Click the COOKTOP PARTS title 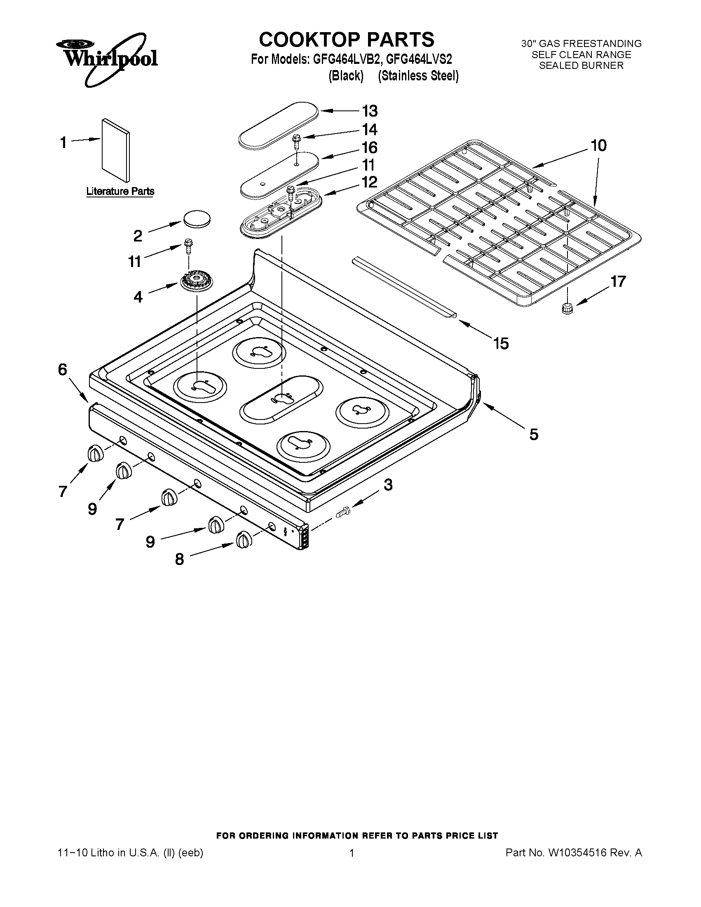pos(346,40)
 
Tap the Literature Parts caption pos(120,192)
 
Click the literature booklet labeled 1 pos(115,150)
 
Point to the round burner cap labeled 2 pos(196,218)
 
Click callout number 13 pos(370,111)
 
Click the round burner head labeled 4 pos(195,283)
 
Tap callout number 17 pos(618,281)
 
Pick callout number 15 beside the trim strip pos(501,343)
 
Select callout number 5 pos(534,435)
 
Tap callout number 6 pos(63,369)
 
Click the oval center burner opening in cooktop pos(281,398)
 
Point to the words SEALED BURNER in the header pos(581,66)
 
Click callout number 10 pos(598,145)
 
